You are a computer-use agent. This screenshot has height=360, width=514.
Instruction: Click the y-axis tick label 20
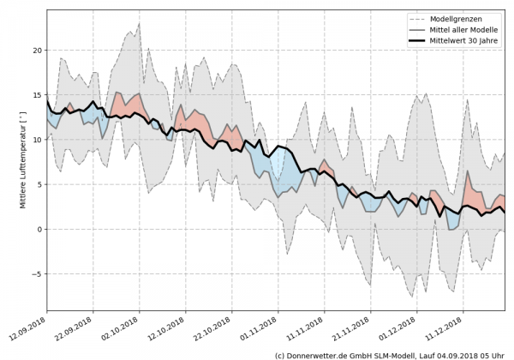click(x=35, y=51)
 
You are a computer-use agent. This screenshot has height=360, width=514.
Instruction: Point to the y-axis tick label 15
click(x=35, y=95)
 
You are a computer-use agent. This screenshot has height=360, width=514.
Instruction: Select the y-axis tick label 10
click(x=35, y=140)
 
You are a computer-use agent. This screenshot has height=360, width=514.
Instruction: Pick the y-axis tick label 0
click(x=38, y=229)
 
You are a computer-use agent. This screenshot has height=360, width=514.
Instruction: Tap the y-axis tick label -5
click(x=35, y=273)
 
